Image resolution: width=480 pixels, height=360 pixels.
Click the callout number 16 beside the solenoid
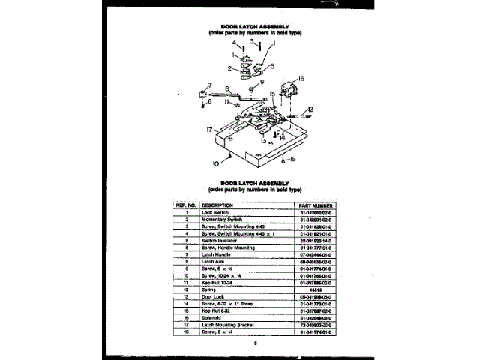click(x=301, y=78)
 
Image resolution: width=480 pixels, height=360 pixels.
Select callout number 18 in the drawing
click(x=293, y=159)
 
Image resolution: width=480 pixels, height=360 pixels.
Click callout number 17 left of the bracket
click(x=210, y=130)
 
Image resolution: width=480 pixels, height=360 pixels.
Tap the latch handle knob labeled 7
click(x=203, y=95)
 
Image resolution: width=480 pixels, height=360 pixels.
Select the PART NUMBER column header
click(x=316, y=205)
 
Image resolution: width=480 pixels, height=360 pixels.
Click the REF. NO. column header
click(x=185, y=205)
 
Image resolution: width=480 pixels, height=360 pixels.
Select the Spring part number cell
click(x=316, y=289)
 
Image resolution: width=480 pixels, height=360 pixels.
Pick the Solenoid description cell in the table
click(x=216, y=316)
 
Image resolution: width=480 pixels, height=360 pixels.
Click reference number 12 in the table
click(x=185, y=289)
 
